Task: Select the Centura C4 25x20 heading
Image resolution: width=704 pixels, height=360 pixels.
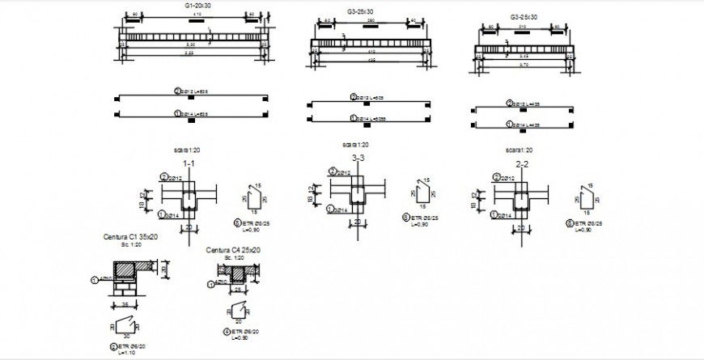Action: pos(232,250)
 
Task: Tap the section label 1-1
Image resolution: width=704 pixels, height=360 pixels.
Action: pos(189,163)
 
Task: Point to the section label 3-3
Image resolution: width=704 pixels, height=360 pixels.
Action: pos(356,158)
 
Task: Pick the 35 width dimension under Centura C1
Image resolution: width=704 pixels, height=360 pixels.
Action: pos(125,305)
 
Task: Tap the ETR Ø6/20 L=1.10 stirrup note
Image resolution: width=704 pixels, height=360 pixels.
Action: pos(125,349)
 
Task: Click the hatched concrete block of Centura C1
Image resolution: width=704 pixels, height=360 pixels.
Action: pos(126,269)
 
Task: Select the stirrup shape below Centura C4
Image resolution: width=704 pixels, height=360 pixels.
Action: pos(239,308)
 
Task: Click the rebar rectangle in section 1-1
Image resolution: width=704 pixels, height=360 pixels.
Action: pos(189,201)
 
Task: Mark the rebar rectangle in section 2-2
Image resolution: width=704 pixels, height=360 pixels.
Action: pos(521,201)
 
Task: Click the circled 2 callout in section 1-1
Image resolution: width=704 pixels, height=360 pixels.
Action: pos(163,177)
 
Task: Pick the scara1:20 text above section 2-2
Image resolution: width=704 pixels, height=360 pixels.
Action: pos(518,150)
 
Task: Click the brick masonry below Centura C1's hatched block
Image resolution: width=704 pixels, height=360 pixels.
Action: pos(125,289)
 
